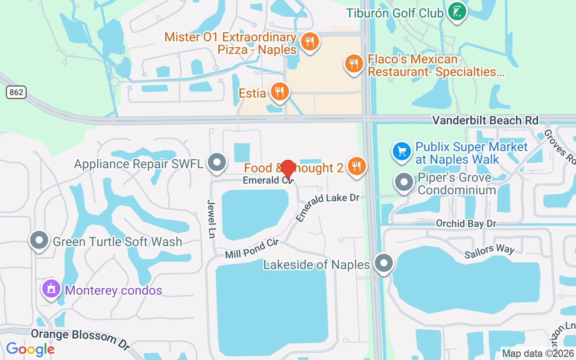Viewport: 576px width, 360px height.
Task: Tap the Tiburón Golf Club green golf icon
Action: click(x=457, y=12)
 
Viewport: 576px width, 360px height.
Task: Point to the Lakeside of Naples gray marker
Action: click(x=384, y=264)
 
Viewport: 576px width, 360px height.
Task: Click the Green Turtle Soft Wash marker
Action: click(x=39, y=241)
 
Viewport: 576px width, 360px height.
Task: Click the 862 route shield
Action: click(x=16, y=93)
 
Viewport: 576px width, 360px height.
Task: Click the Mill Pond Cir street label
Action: click(x=252, y=248)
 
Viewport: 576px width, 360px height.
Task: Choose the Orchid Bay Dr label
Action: click(x=466, y=224)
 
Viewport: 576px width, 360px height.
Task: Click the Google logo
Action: click(x=30, y=349)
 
